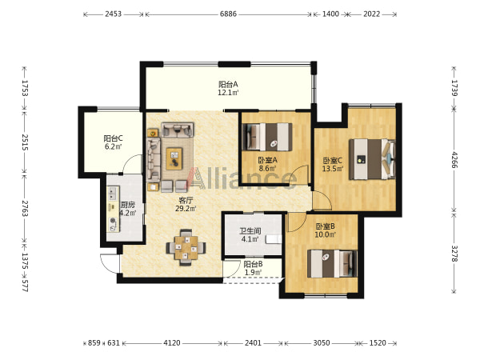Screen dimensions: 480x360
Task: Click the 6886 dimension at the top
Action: [x=228, y=14]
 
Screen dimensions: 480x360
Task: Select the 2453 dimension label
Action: [x=114, y=14]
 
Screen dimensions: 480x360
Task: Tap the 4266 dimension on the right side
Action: [x=454, y=160]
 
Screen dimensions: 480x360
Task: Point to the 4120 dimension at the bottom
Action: [x=172, y=343]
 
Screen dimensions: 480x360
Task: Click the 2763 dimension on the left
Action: [x=25, y=209]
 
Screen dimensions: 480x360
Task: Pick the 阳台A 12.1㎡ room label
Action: [x=228, y=88]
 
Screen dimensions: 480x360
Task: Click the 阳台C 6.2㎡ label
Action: [x=114, y=142]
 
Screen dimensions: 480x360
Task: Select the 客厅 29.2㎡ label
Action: [x=186, y=205]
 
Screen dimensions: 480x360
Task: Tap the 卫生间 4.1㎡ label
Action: [x=250, y=234]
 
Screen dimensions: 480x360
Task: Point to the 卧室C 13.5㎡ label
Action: [x=333, y=164]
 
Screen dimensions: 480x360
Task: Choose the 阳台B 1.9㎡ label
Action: [x=253, y=268]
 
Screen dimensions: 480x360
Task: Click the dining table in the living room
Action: [x=186, y=247]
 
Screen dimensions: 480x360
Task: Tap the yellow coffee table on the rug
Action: [x=174, y=158]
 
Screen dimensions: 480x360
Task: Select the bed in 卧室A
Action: [x=267, y=137]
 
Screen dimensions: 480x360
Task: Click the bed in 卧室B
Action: [x=332, y=263]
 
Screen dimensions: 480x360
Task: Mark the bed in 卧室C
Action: [x=372, y=159]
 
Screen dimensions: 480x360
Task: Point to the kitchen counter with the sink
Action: [x=114, y=209]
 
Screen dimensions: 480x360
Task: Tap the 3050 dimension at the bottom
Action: [x=322, y=343]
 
